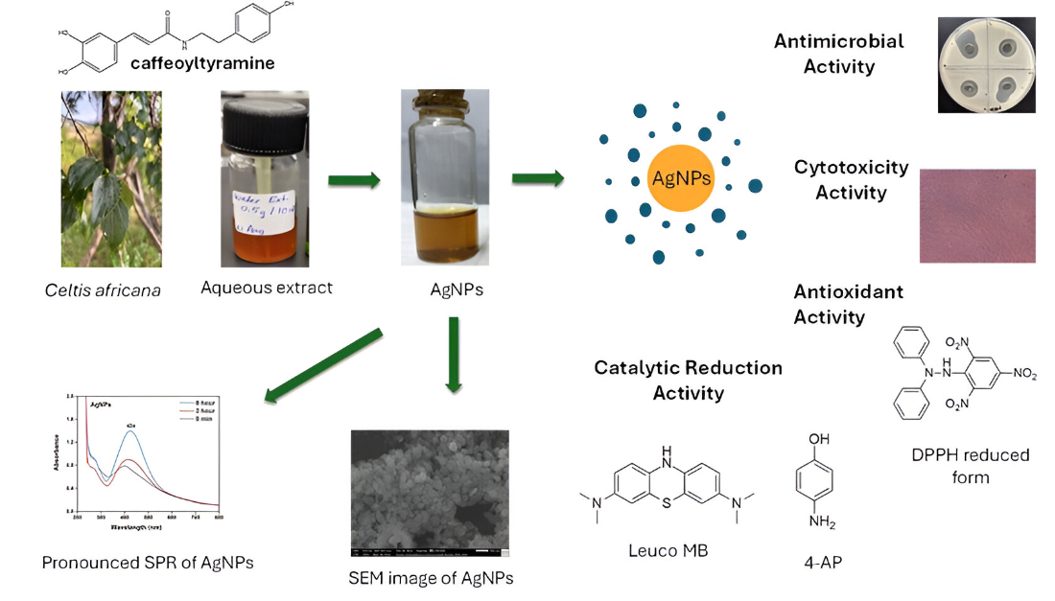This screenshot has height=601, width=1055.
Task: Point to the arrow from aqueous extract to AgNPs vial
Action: [354, 178]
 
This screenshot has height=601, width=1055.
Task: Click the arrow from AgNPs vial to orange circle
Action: [538, 177]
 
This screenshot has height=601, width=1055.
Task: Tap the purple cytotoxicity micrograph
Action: [977, 216]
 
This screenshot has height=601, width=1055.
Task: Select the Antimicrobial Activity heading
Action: [838, 54]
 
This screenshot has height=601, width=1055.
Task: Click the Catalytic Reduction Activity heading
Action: [688, 380]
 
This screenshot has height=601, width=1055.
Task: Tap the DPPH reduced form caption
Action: [970, 465]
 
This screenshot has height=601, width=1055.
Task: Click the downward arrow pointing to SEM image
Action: [454, 354]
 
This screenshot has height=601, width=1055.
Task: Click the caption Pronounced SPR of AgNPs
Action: [148, 563]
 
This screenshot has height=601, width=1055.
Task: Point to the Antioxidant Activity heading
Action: [848, 303]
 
